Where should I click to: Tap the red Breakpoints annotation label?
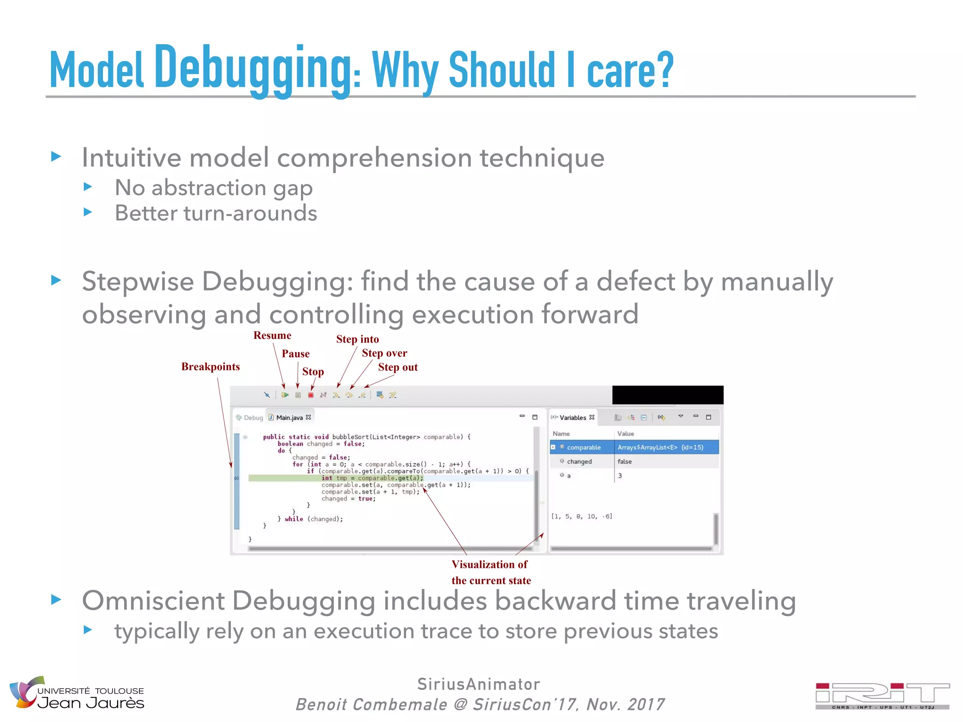pos(211,367)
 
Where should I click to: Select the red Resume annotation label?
pos(272,336)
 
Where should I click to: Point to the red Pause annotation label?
pos(295,354)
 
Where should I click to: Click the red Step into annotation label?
pos(357,339)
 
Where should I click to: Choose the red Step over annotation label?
pos(384,353)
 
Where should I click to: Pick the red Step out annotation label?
pos(398,368)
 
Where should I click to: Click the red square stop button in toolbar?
pos(311,395)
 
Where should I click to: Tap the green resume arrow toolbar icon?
pos(285,395)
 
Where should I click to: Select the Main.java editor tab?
pos(289,417)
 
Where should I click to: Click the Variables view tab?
pos(573,417)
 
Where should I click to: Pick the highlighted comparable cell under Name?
pos(584,447)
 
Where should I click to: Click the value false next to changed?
pos(624,462)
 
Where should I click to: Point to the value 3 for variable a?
pos(620,476)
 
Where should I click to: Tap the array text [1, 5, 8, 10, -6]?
pos(582,517)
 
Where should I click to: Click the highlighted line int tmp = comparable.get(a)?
pos(372,478)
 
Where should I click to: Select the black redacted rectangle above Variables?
pos(668,395)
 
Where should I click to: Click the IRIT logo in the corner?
pos(882,695)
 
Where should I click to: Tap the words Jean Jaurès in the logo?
pos(91,703)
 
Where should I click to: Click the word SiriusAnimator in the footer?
pos(479,684)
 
